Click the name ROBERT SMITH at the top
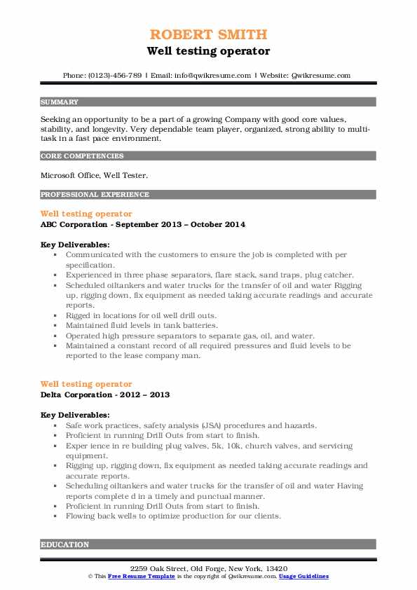[208, 34]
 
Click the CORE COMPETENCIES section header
[82, 156]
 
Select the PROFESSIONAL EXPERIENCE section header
[95, 194]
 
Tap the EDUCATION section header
[65, 544]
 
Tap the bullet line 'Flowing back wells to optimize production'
[172, 516]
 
